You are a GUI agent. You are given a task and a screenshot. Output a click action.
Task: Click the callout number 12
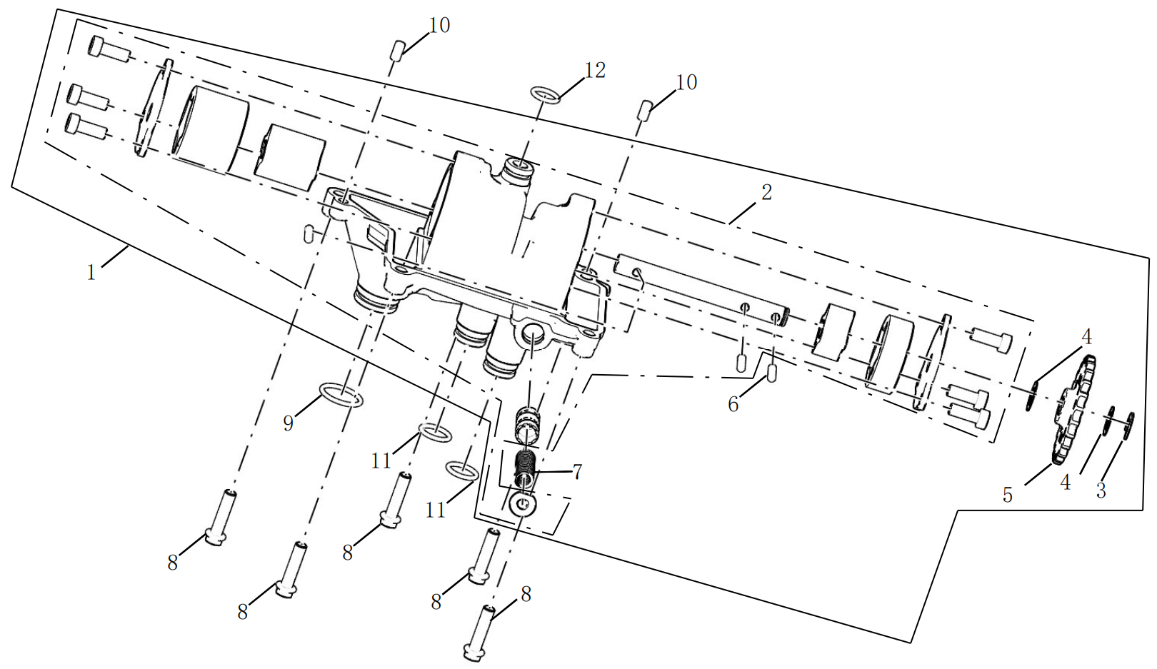594,70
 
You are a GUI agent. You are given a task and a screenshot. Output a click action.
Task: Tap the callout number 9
289,423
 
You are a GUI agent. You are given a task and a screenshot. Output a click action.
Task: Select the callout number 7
577,471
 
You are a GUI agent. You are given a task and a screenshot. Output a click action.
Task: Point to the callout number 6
733,405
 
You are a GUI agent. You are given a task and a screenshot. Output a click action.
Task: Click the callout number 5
1008,495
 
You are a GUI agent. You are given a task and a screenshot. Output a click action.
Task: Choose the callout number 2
766,192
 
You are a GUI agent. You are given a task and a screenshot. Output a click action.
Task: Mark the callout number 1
91,272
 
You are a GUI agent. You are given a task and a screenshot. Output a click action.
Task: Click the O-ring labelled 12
546,96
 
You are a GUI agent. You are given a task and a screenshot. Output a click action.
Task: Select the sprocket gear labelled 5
1073,409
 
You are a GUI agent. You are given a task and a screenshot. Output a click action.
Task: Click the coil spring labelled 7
526,468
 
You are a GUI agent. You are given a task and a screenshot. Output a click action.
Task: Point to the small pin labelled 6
771,373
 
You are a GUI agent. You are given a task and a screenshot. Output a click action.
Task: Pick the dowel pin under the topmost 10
396,51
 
